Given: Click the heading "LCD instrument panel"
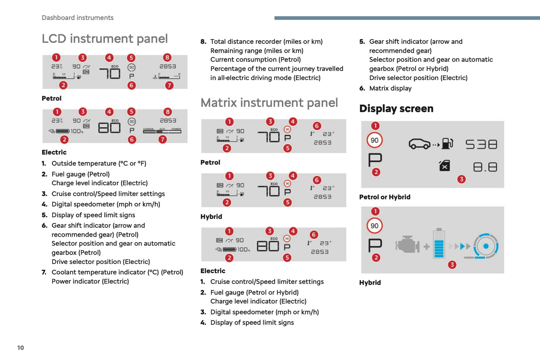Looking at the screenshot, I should [105, 39].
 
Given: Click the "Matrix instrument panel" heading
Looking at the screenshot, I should [269, 103].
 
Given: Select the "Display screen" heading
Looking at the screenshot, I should [396, 108].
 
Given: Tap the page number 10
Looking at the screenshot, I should [21, 348].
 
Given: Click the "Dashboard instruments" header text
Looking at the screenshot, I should [77, 18].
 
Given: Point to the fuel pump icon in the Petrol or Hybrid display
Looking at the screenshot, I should [447, 144].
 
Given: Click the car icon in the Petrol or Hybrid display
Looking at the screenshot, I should [420, 144].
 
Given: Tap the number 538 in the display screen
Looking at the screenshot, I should [481, 144].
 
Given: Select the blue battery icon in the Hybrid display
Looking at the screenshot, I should [439, 244].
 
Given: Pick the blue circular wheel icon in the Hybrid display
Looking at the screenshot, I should [486, 246].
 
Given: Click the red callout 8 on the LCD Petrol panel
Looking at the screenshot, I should [167, 58].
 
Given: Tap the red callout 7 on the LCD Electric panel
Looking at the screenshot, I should [162, 139].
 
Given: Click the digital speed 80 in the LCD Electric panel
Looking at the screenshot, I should [109, 128].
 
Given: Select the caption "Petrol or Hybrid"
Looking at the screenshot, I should [385, 197].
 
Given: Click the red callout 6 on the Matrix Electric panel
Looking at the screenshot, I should [314, 234].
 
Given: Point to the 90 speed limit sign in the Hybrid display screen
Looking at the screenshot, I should [374, 226].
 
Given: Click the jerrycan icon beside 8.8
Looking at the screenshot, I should [444, 166].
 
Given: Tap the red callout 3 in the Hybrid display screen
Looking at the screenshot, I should [452, 265].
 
